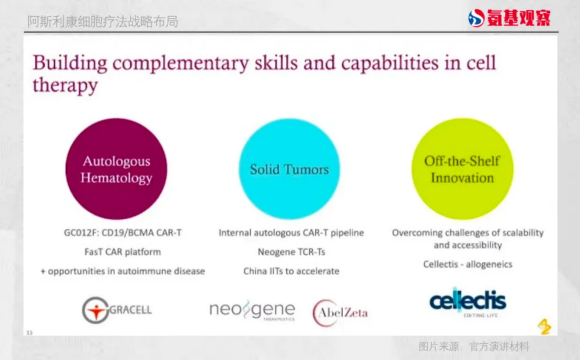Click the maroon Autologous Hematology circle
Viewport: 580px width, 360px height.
pyautogui.click(x=116, y=169)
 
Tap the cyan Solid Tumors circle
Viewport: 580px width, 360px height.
pyautogui.click(x=289, y=169)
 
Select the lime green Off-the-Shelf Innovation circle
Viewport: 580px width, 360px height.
pyautogui.click(x=462, y=169)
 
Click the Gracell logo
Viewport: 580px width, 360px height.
pyautogui.click(x=117, y=310)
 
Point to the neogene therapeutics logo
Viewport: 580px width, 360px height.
pyautogui.click(x=252, y=310)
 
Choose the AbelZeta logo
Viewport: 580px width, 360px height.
pyautogui.click(x=340, y=313)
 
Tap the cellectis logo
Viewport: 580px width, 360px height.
pyautogui.click(x=468, y=303)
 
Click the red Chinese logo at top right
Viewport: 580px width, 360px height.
pyautogui.click(x=509, y=18)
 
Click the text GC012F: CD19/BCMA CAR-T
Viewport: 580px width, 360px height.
pyautogui.click(x=123, y=233)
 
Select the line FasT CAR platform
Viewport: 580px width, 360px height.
pyautogui.click(x=123, y=252)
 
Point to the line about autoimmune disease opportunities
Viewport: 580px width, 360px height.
pyautogui.click(x=123, y=271)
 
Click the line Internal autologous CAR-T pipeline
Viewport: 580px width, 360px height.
pyautogui.click(x=292, y=233)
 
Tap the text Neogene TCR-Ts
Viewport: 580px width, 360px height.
pyautogui.click(x=292, y=252)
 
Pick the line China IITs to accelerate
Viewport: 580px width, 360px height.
pyautogui.click(x=292, y=271)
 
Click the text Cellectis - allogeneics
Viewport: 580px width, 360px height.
pyautogui.click(x=468, y=264)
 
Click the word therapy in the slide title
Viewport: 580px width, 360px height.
pyautogui.click(x=65, y=85)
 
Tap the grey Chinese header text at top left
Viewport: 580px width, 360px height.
pyautogui.click(x=103, y=21)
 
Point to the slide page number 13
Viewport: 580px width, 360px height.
pyautogui.click(x=30, y=333)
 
